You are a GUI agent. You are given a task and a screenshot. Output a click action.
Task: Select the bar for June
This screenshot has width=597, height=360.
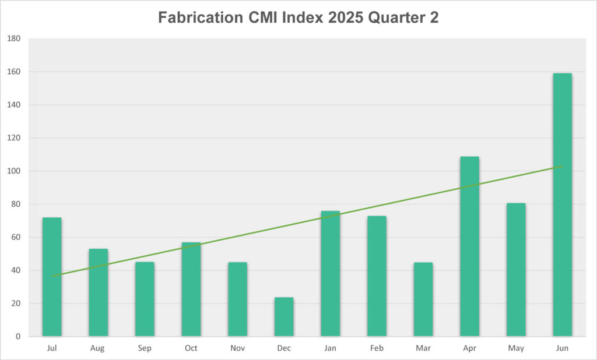coord(562,204)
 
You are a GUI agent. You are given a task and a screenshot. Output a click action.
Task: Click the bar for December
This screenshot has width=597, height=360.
coord(284,317)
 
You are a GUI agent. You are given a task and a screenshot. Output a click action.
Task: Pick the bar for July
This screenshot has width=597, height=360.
coord(52,277)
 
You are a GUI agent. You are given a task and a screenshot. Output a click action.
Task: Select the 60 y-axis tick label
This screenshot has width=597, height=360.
coord(16,238)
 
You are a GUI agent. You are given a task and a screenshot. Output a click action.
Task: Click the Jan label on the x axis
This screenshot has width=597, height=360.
coord(330,348)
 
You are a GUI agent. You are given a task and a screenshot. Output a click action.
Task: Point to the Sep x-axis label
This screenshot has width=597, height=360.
coord(145,348)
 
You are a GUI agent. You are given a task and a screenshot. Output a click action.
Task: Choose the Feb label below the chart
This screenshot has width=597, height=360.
coord(377,348)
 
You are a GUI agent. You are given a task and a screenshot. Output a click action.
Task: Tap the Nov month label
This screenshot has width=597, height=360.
coord(237,348)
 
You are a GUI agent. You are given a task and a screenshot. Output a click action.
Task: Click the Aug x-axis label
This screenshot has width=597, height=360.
coord(98,348)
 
